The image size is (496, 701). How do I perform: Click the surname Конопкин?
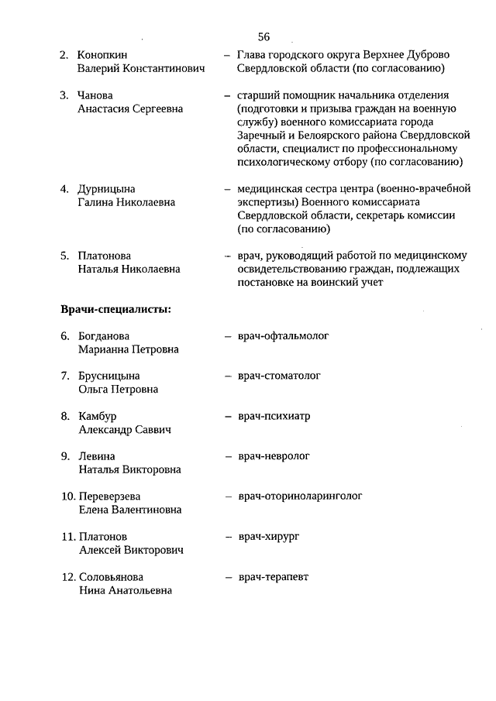(102, 55)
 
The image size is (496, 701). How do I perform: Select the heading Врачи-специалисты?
(116, 310)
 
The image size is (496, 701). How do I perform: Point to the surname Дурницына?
(107, 189)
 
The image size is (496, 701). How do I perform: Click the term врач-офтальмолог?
(284, 336)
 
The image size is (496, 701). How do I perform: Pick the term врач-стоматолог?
(279, 376)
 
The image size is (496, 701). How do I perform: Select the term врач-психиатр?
(274, 416)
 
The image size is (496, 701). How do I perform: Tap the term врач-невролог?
(274, 456)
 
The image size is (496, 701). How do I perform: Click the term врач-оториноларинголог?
(300, 496)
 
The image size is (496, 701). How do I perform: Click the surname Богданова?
(104, 336)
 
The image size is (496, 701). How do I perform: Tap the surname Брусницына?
(109, 376)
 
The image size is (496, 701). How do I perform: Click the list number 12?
(67, 577)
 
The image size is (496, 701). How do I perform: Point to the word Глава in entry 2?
(253, 55)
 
